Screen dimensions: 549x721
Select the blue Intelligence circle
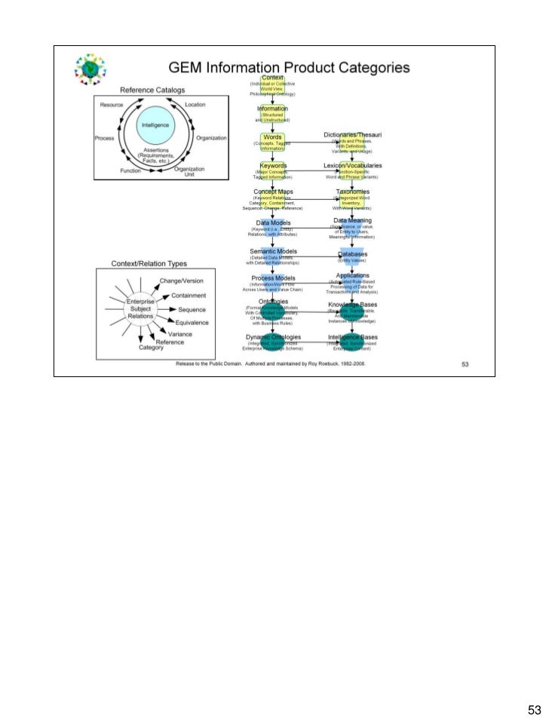point(155,127)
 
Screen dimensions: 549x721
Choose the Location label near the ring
point(195,104)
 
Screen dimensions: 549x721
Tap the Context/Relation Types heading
point(149,264)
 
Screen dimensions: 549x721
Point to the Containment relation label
point(195,295)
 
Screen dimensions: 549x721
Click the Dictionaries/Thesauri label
point(352,135)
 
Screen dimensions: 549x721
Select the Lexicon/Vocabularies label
point(352,164)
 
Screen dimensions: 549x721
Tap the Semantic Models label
point(272,250)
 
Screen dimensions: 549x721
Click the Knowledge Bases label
point(352,305)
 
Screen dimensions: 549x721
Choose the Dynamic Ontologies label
point(272,336)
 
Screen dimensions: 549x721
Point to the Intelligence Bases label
point(352,336)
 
